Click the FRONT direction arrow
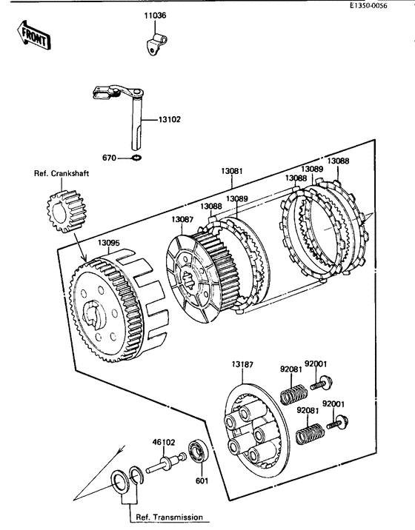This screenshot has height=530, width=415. [34, 35]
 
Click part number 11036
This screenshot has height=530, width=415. [155, 16]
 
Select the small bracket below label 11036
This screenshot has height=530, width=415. [156, 44]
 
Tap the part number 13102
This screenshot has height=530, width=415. [170, 120]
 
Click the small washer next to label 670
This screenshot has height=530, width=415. [137, 157]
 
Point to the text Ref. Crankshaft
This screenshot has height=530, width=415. [62, 173]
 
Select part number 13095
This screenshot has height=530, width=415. [109, 243]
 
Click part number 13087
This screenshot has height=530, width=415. [182, 220]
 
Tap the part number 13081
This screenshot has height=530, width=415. [232, 171]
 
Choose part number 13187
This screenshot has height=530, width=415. [242, 364]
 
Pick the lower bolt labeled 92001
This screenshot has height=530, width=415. [337, 423]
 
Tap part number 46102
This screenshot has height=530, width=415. [164, 442]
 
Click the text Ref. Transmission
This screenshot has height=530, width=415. [169, 517]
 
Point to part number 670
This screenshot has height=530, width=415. [109, 158]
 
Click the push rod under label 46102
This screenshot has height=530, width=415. [167, 463]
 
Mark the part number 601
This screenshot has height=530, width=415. [202, 480]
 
